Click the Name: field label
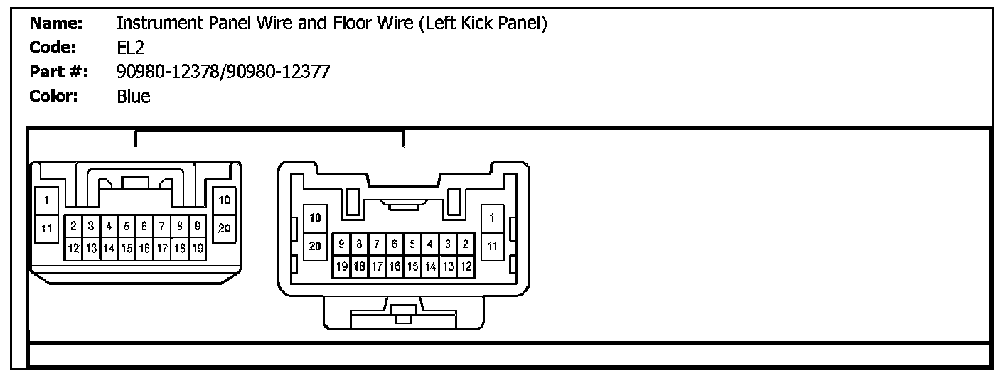pos(57,23)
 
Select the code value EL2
pos(130,48)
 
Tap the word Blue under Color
pos(134,96)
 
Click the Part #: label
pos(57,72)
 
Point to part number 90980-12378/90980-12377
pos(223,72)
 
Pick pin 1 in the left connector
pos(46,200)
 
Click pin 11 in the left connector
pos(46,228)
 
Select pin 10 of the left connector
pos(224,200)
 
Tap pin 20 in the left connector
pos(224,228)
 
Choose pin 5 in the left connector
pos(126,226)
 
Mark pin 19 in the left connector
pos(198,248)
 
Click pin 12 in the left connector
pos(73,248)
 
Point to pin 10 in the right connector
pos(315,217)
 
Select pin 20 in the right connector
pos(315,246)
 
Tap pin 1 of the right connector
pos(492,217)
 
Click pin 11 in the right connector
pos(492,246)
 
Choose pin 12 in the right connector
pos(466,267)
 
